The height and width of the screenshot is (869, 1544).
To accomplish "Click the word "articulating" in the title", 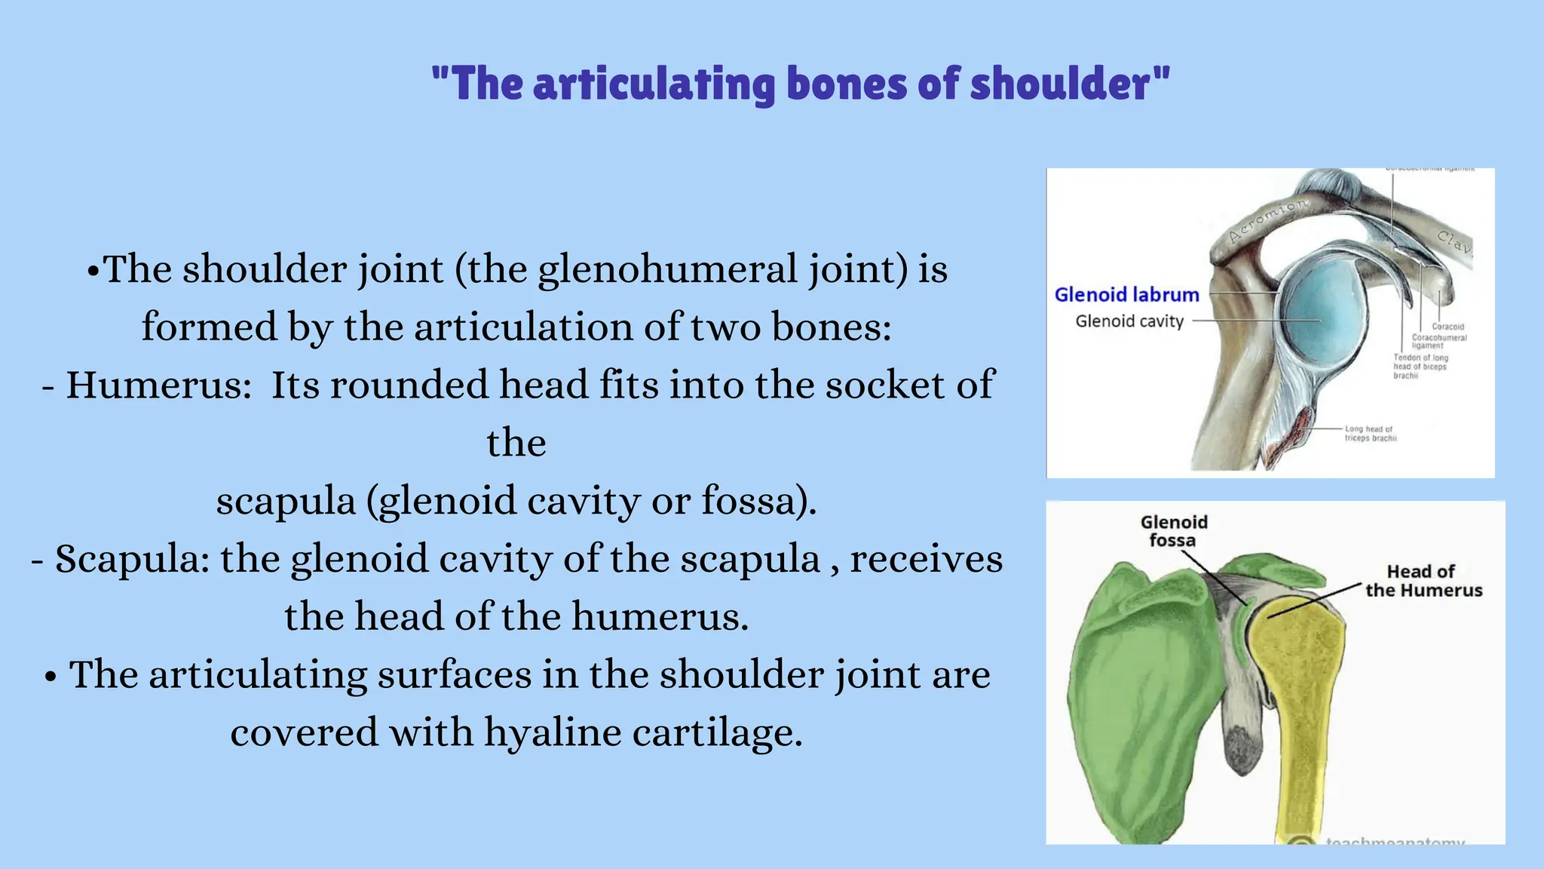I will (x=655, y=84).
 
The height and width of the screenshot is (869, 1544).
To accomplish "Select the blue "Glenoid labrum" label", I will (x=1126, y=295).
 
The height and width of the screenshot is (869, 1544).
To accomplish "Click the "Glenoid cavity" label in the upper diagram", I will (x=1129, y=321).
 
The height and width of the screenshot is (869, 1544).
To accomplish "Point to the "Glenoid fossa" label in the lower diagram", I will (x=1173, y=531).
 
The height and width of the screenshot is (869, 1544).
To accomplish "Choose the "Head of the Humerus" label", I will (x=1423, y=581).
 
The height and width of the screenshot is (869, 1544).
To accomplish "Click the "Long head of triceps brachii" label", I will (x=1371, y=434).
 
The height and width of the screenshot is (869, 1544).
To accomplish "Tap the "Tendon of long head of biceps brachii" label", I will (x=1420, y=367).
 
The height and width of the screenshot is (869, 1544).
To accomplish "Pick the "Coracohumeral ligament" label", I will (x=1438, y=341).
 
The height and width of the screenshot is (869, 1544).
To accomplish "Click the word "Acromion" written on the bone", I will (x=1268, y=221).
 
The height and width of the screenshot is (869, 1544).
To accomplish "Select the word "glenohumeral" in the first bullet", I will (x=666, y=270).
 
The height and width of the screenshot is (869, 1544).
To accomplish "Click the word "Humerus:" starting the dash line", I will (x=158, y=385).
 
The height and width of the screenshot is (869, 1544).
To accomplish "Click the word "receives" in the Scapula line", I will (x=927, y=560).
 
